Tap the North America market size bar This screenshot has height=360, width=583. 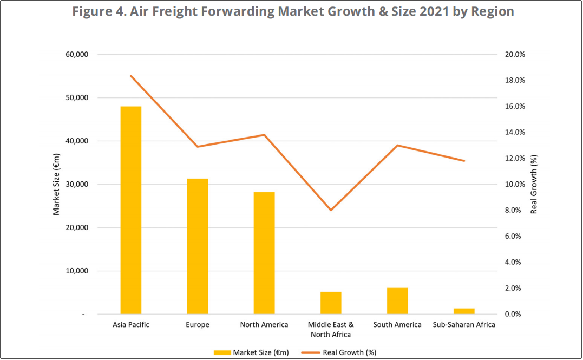pos(264,253)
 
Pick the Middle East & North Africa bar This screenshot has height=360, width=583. pos(331,303)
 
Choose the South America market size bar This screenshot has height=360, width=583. pos(397,300)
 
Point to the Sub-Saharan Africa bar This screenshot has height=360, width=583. pos(464,311)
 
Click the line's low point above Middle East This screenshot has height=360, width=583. pos(331,210)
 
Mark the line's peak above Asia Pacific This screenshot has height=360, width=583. pos(131,76)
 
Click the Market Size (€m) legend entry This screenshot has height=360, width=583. pos(251,352)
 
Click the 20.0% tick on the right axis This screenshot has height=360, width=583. pos(515,55)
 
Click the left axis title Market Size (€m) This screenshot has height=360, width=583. pos(56,185)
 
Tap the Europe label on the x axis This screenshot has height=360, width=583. pos(198,325)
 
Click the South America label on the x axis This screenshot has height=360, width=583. pos(397,325)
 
